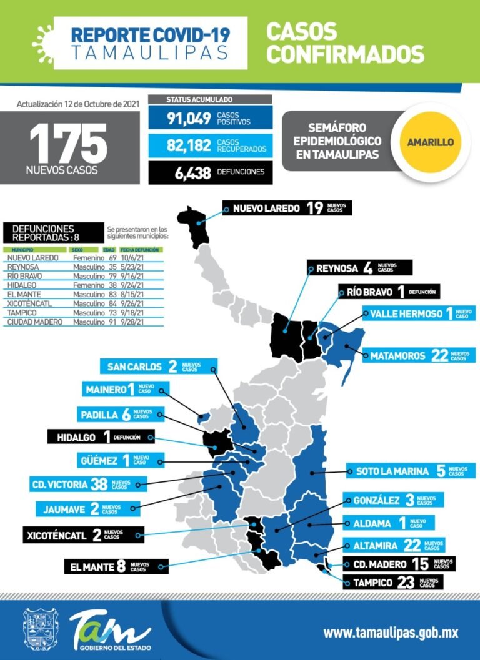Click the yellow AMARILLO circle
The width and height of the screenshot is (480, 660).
430,142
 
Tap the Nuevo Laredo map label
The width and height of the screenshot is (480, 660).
287,208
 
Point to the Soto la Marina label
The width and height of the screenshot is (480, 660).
406,471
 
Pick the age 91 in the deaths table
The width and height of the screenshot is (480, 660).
113,322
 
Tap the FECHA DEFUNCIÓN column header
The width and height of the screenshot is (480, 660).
141,249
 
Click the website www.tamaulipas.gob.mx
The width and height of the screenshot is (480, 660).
391,633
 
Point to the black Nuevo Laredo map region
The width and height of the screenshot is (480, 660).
196,227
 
